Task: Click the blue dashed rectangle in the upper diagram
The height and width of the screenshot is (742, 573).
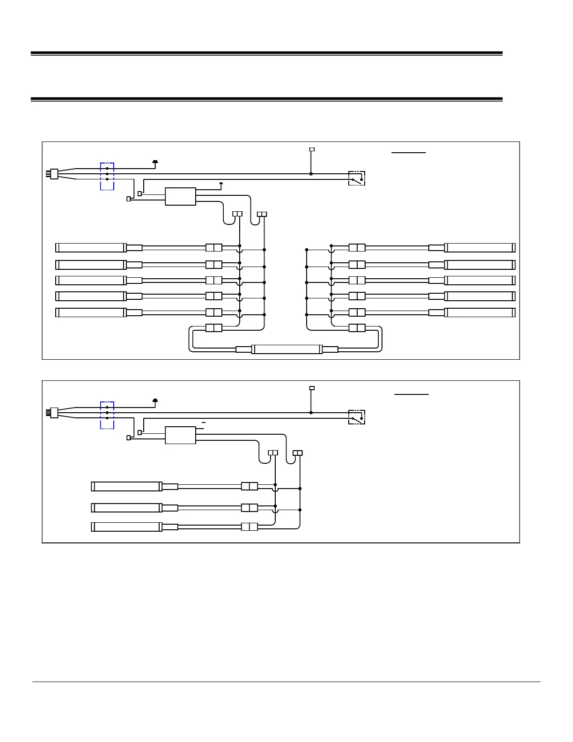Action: [107, 177]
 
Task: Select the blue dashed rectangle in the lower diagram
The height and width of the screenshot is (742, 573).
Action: [107, 415]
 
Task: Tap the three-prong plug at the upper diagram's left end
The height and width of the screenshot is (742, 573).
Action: [53, 174]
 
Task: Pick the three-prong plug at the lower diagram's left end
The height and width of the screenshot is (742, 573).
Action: [53, 413]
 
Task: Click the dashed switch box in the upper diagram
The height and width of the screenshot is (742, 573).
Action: [357, 178]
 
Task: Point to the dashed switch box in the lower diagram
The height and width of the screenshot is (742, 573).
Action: [357, 417]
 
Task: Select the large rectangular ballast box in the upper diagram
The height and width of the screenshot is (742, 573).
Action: [180, 196]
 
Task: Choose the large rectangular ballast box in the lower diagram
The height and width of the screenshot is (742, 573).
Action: [180, 435]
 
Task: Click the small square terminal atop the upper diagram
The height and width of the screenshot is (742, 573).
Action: [312, 149]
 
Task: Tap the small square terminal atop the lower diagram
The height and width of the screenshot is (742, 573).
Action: [312, 388]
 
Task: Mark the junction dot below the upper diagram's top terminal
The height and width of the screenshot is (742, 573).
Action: [311, 174]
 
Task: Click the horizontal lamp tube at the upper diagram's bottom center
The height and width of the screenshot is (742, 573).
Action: [286, 349]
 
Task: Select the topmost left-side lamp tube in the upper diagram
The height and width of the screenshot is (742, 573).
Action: [91, 247]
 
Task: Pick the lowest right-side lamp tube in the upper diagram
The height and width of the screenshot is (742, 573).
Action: [479, 312]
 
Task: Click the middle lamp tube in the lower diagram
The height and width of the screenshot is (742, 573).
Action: [126, 508]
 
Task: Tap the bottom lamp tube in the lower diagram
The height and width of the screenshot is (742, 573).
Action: [126, 527]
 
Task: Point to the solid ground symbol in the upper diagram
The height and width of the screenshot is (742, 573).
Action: [155, 162]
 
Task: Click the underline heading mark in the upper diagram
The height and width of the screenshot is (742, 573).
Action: [409, 152]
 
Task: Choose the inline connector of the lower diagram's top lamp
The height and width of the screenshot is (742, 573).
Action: [250, 486]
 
